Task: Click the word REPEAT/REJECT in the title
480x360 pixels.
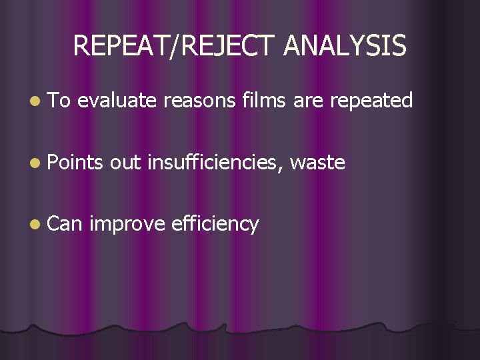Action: (x=175, y=46)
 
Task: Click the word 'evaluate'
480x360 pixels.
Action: (x=117, y=101)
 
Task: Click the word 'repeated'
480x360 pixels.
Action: (x=371, y=101)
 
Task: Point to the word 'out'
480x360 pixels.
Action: (x=126, y=162)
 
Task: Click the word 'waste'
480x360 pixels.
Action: (x=318, y=162)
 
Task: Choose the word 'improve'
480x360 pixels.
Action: (x=126, y=224)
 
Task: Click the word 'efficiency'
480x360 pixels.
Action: (x=215, y=224)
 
